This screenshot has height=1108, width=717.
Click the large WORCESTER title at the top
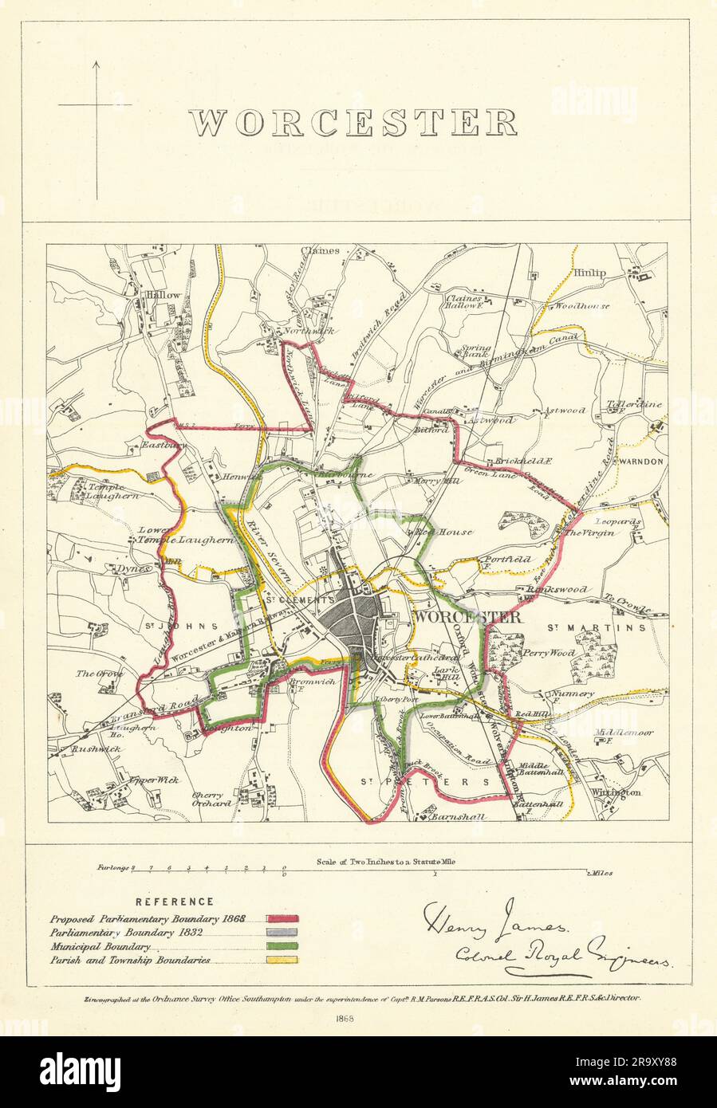pos(353,122)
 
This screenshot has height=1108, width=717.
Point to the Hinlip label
pos(588,273)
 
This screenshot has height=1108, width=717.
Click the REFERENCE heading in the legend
pos(174,902)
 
